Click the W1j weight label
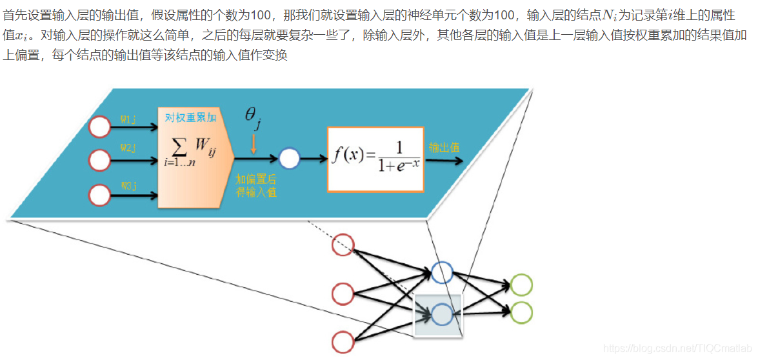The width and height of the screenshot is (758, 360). point(128,119)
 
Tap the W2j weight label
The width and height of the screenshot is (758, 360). point(128,148)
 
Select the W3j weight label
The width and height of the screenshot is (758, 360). point(128,186)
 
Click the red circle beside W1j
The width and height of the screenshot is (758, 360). point(99,127)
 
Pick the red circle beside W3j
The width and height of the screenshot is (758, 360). point(99,194)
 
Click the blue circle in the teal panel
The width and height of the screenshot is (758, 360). point(289,158)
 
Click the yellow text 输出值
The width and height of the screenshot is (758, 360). point(444,147)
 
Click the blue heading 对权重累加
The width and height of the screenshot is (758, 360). point(190,117)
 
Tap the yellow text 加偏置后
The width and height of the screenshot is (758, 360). point(256,179)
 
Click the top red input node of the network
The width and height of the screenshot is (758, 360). point(343,245)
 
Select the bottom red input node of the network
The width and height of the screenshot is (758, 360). point(343,341)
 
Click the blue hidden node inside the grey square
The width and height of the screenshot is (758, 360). point(443,314)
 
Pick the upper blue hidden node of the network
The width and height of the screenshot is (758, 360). point(443,272)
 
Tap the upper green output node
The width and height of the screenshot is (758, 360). point(521,285)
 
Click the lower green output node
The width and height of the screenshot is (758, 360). point(521,312)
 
